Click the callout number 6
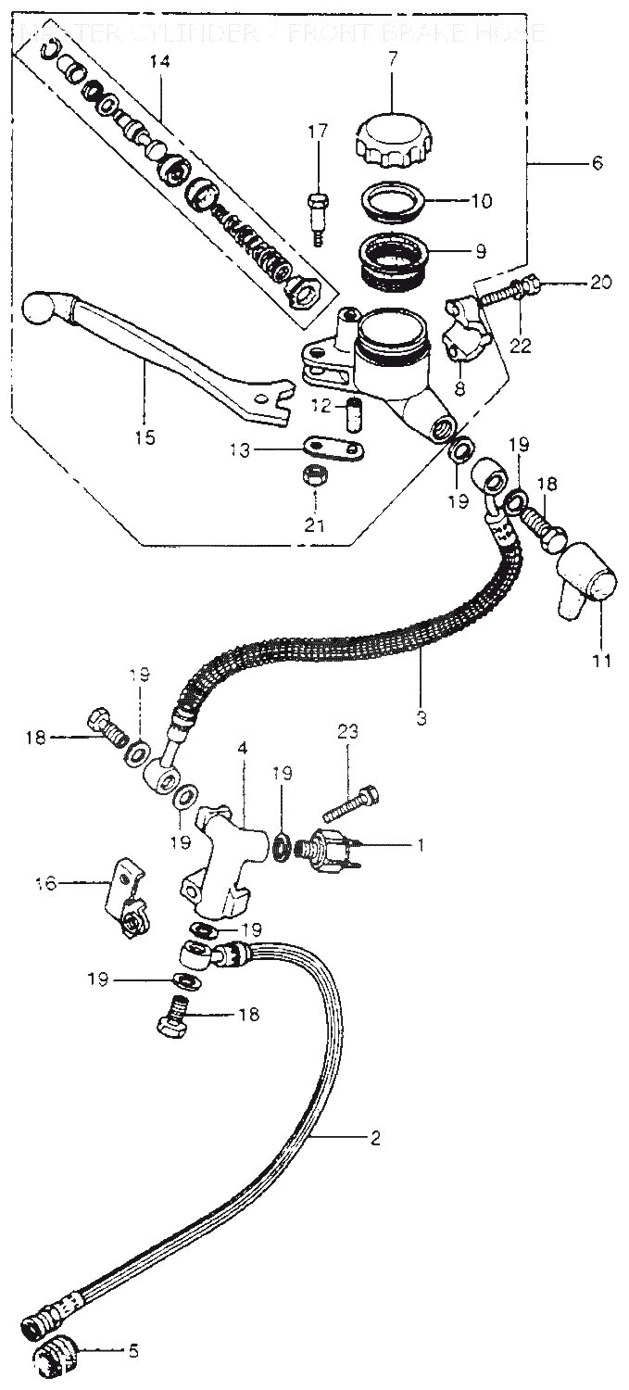[597, 163]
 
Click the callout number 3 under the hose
[421, 717]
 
